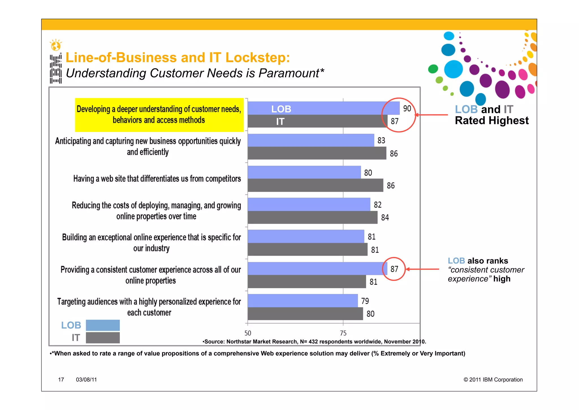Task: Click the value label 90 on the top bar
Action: coord(407,108)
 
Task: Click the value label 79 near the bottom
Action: coord(365,301)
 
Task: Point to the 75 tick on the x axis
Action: coord(343,333)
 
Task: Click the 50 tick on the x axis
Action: coord(248,333)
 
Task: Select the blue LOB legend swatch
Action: coord(103,325)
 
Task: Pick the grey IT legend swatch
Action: coord(103,338)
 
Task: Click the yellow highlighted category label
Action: coord(159,115)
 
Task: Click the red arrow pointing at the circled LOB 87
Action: coord(422,269)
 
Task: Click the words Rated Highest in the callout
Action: coord(492,121)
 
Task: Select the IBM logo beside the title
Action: coord(56,68)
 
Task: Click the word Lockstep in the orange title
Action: coord(258,57)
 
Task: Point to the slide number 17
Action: coord(61,380)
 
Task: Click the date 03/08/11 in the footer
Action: coord(86,380)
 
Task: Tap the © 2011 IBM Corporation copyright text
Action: coord(493,380)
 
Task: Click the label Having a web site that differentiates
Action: coord(157,179)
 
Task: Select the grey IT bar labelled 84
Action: coord(312,217)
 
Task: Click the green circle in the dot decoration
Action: coord(433,69)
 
